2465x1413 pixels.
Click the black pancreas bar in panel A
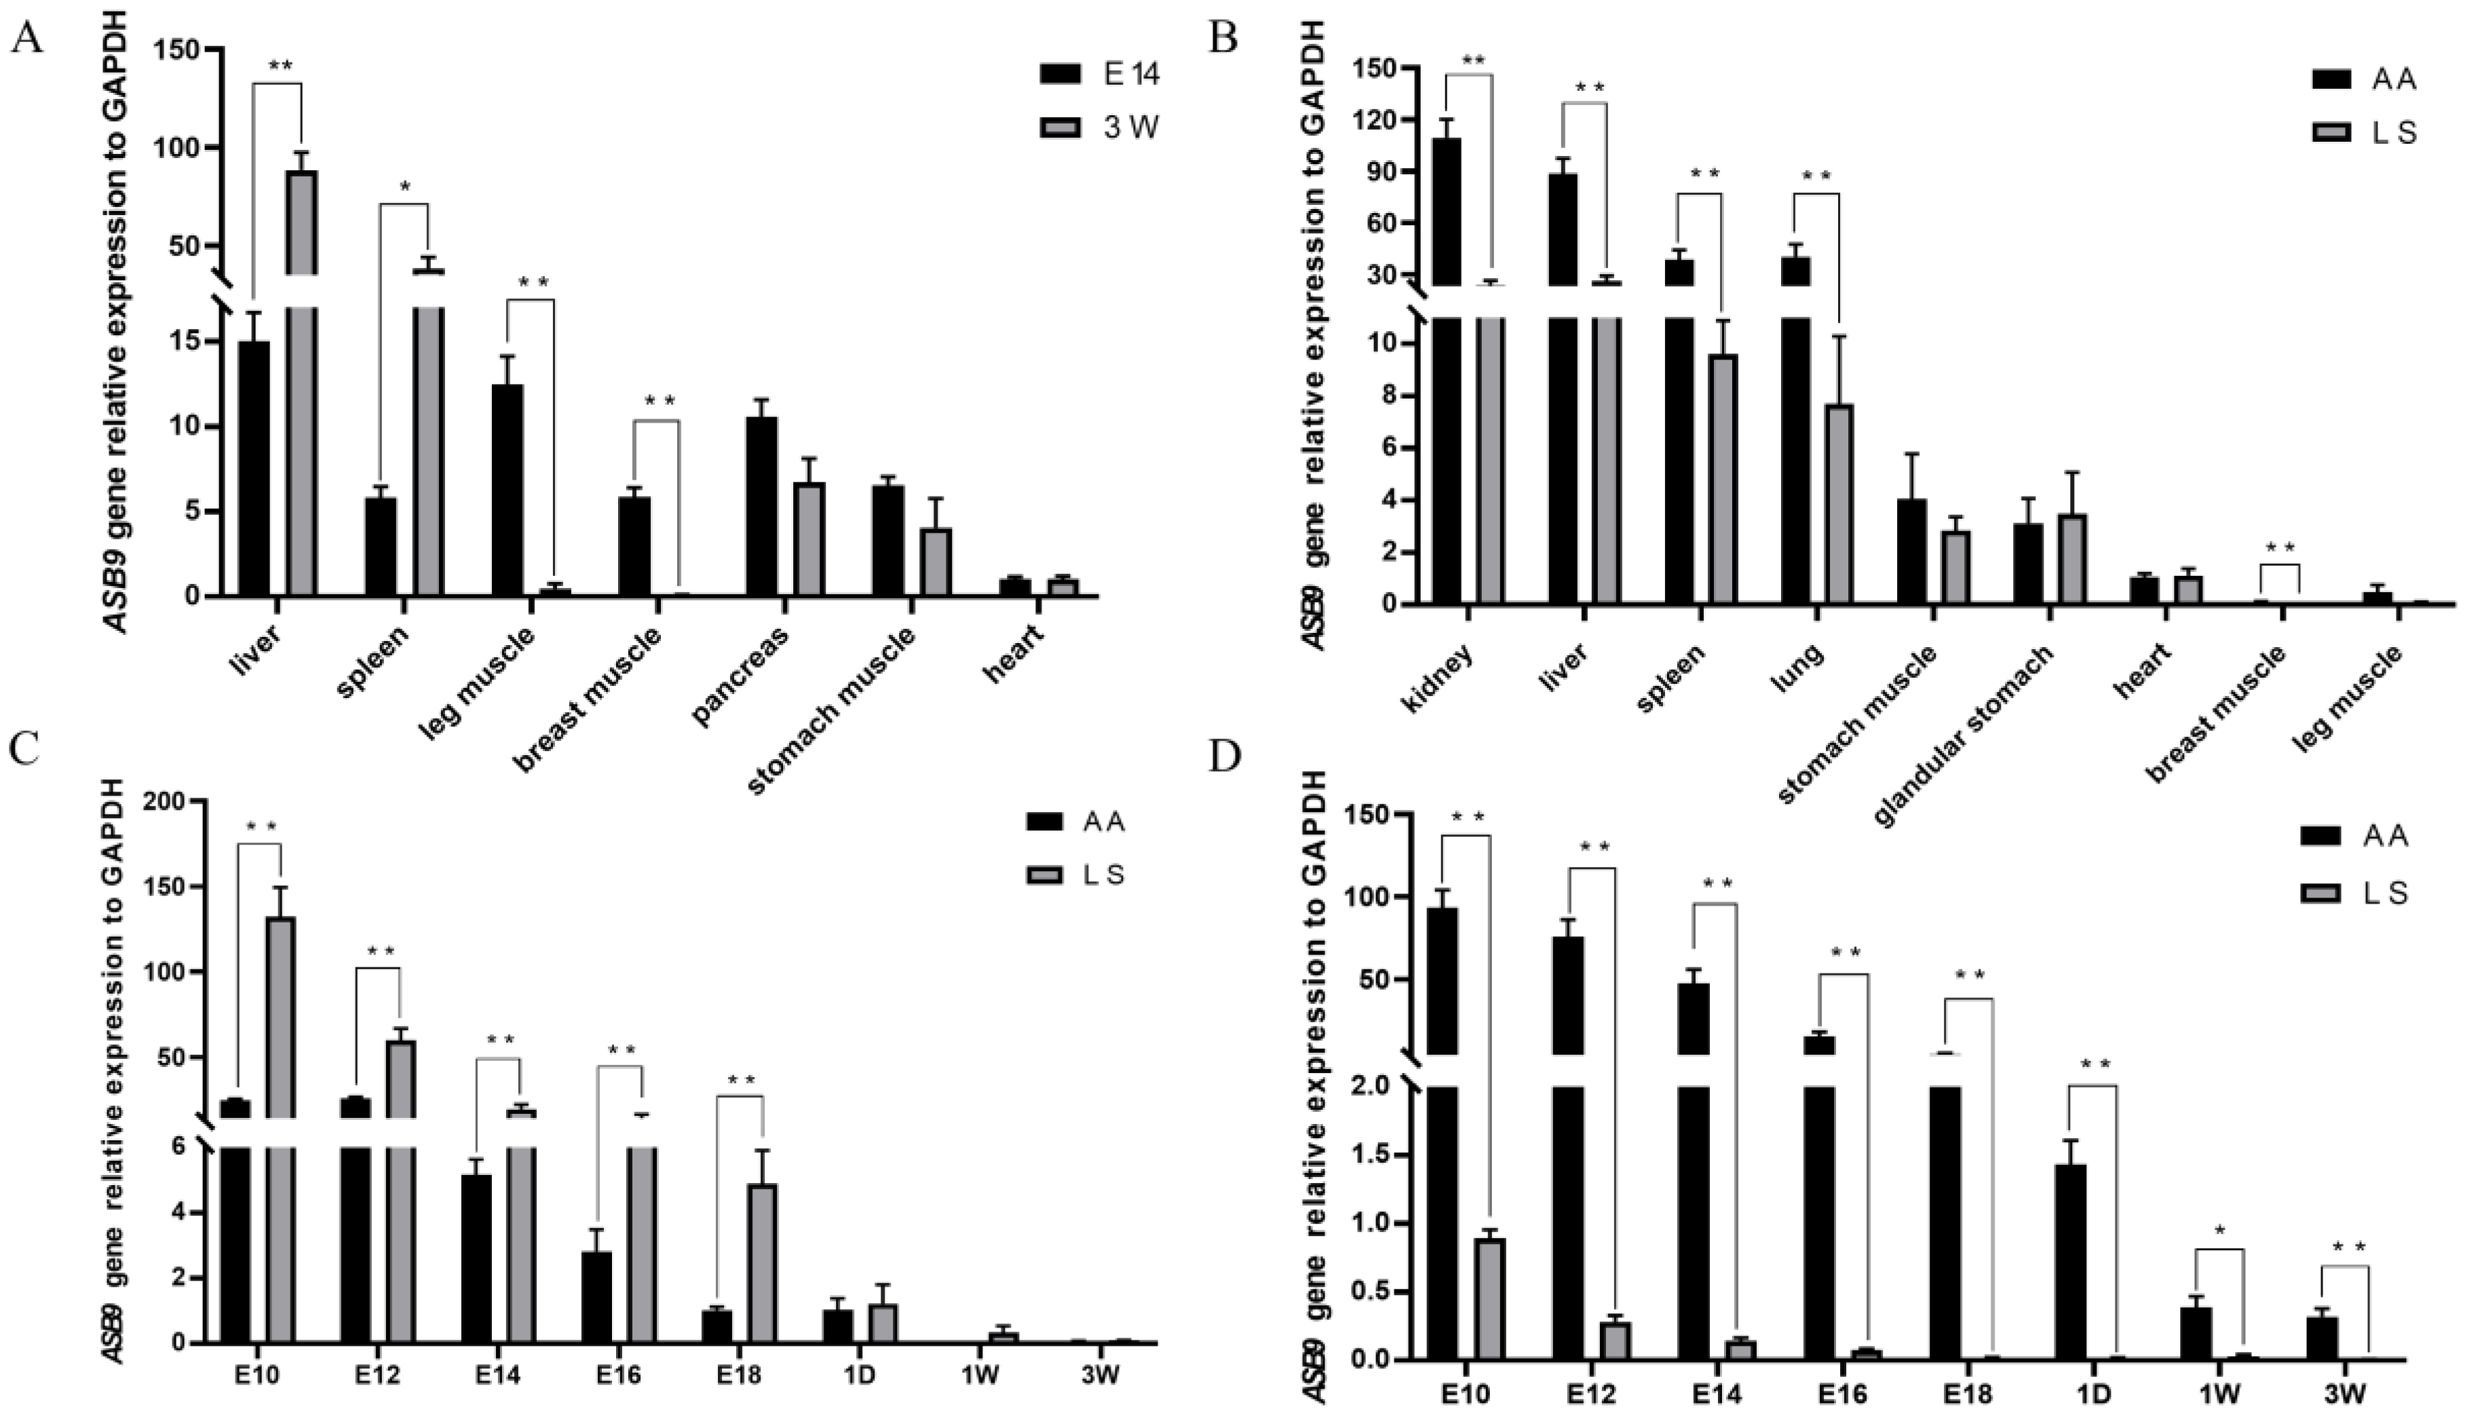[x=762, y=505]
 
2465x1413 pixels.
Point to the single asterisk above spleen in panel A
[x=404, y=187]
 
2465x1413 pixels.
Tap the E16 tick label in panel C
[x=618, y=1376]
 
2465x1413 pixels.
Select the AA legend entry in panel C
[x=1077, y=822]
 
